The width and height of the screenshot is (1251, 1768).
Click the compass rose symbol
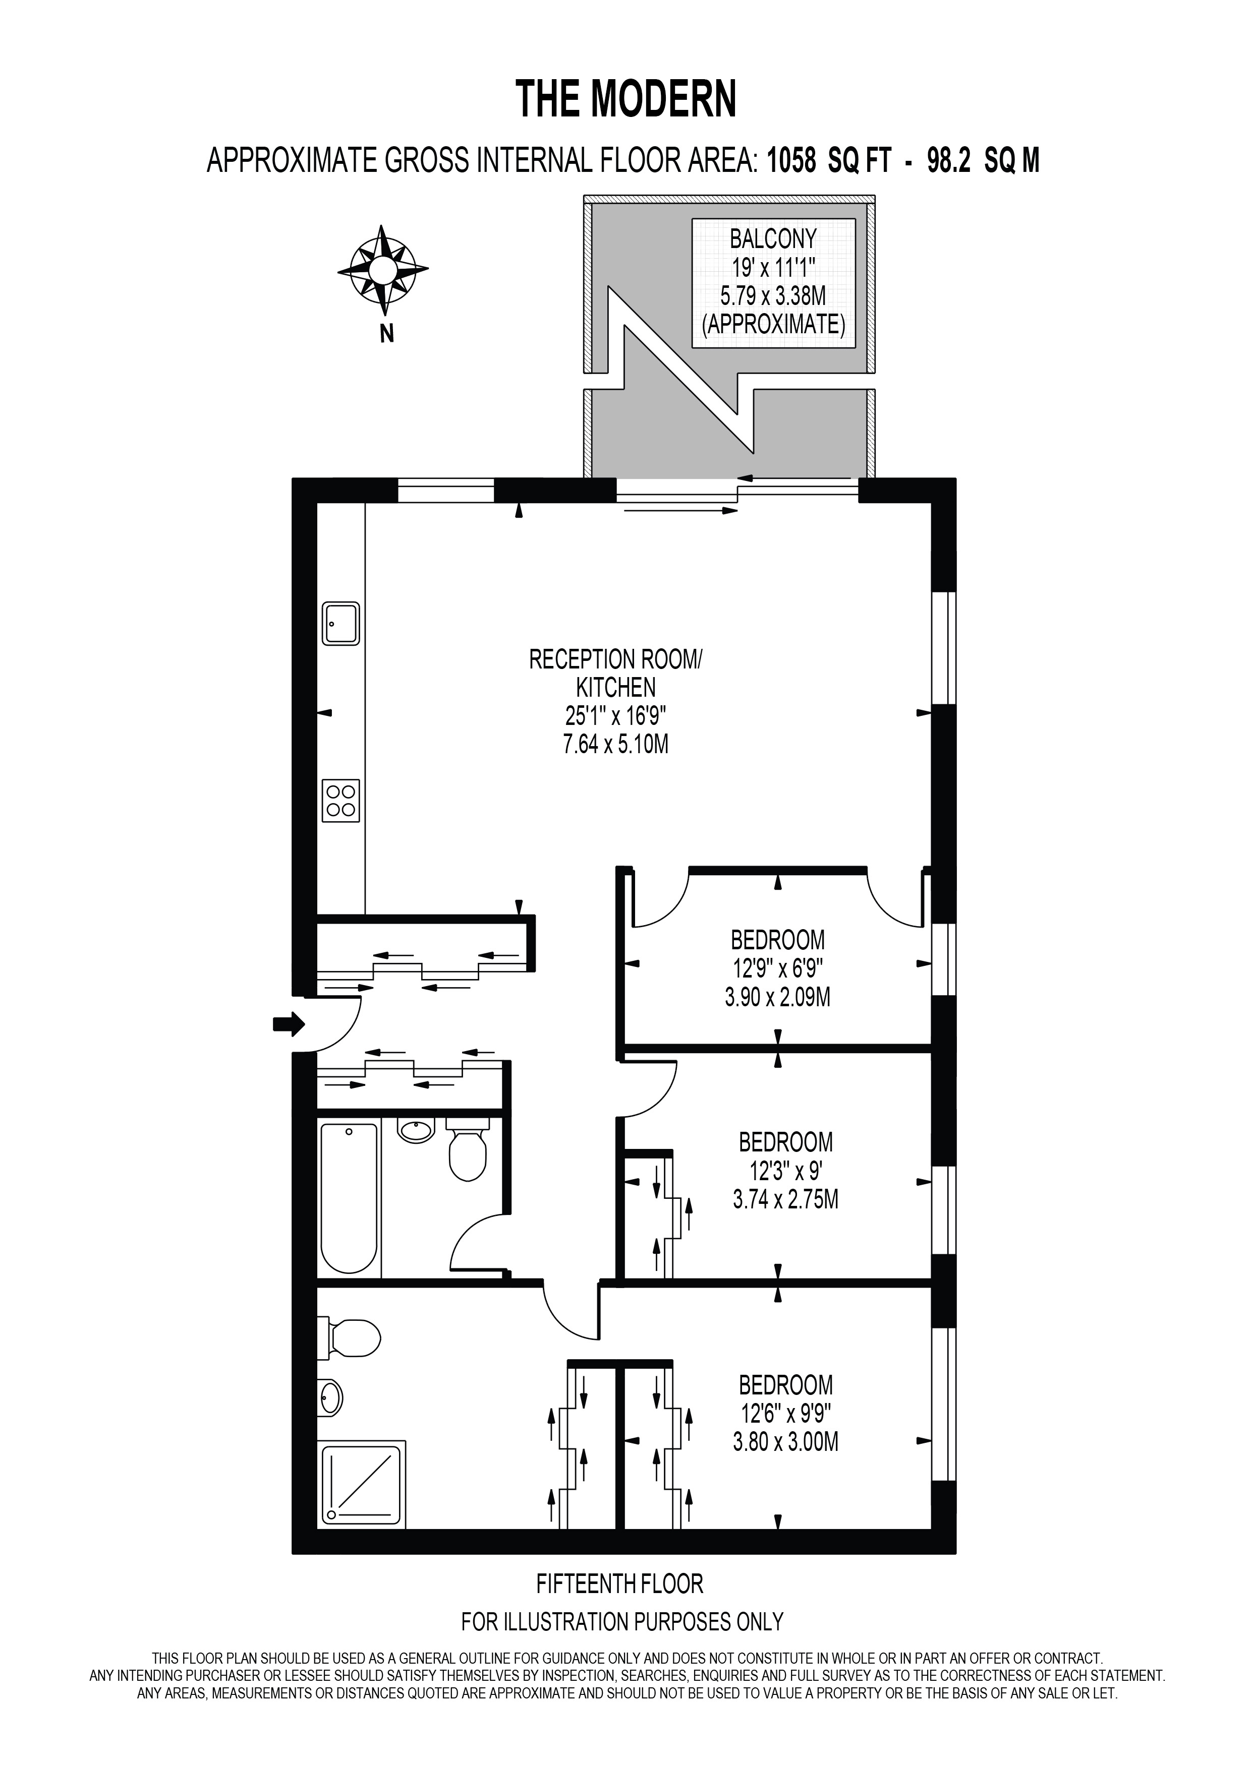[383, 270]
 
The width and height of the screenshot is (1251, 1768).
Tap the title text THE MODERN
[625, 99]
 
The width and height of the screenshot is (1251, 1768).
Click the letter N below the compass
[387, 334]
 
